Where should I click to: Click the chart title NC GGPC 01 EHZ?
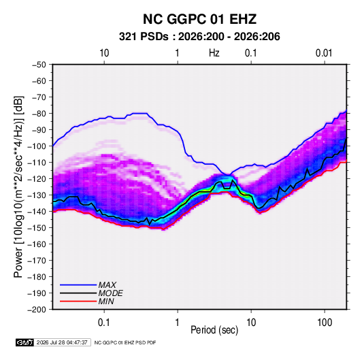(199, 19)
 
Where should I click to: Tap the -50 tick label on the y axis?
(39, 65)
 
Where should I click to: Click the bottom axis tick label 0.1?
(104, 323)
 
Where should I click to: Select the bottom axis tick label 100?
(325, 323)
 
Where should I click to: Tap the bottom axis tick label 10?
(251, 323)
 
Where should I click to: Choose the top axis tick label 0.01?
(324, 53)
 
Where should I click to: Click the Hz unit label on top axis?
(214, 53)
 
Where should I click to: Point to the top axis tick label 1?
(178, 53)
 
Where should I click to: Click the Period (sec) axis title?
(214, 330)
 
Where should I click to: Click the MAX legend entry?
(107, 285)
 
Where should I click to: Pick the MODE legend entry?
(110, 293)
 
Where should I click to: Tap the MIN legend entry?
(106, 301)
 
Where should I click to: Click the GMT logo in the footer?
(24, 342)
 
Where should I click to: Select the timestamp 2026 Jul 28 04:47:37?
(62, 342)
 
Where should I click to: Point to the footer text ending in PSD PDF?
(125, 342)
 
